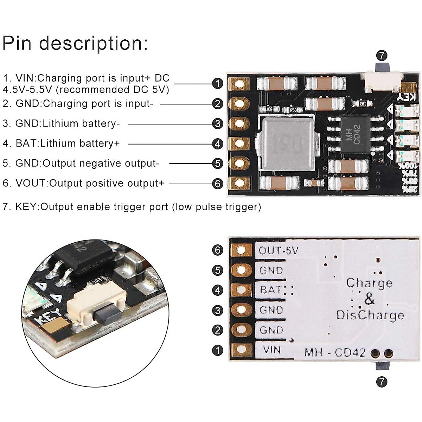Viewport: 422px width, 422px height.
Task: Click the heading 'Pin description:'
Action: pyautogui.click(x=75, y=43)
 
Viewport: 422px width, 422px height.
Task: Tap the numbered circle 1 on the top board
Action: pyautogui.click(x=218, y=83)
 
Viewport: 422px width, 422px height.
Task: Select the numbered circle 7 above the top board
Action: pyautogui.click(x=382, y=55)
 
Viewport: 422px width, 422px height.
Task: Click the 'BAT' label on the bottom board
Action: pyautogui.click(x=270, y=290)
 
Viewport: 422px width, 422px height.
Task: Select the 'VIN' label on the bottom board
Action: pyautogui.click(x=272, y=350)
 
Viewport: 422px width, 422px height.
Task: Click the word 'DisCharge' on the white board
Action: pyautogui.click(x=370, y=315)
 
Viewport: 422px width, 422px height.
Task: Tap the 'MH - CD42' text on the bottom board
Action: pyautogui.click(x=334, y=352)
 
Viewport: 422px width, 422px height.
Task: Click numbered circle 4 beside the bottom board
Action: pyautogui.click(x=218, y=290)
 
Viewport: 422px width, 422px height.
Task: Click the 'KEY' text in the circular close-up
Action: pyautogui.click(x=49, y=315)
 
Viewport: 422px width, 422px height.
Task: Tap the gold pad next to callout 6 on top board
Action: pyautogui.click(x=239, y=183)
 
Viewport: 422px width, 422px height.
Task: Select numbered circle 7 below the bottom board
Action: pyautogui.click(x=382, y=382)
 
